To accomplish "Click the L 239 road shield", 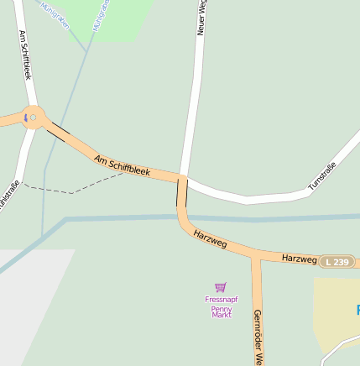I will [336, 262].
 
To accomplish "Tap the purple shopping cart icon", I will [221, 287].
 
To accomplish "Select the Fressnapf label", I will [221, 299].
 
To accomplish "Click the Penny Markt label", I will [221, 311].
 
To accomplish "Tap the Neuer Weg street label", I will [202, 18].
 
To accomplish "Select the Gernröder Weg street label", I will [258, 336].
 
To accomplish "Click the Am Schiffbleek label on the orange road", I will [122, 165].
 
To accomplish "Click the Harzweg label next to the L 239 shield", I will [299, 258].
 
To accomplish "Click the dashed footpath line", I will [71, 192].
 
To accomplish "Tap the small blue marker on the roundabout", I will [32, 118].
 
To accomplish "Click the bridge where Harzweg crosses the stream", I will [181, 217].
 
